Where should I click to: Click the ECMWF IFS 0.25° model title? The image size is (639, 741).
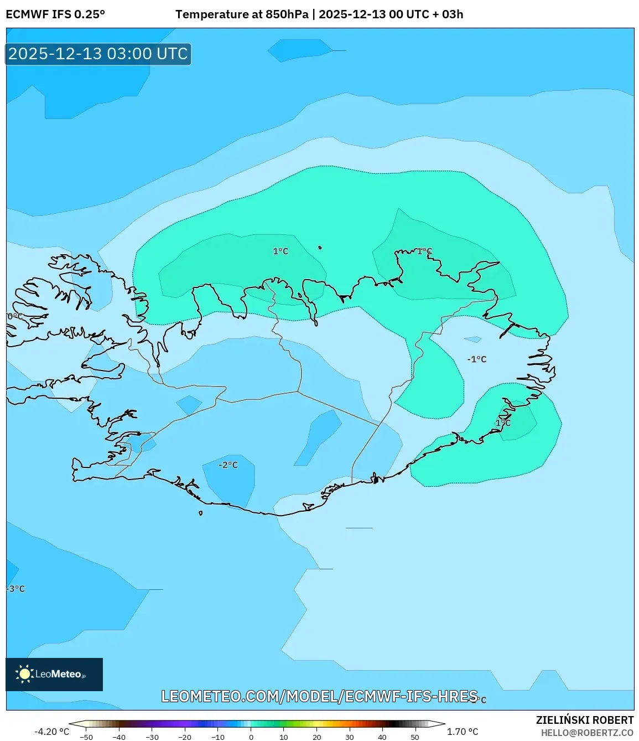tap(55, 14)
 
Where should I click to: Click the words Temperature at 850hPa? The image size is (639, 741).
tap(242, 14)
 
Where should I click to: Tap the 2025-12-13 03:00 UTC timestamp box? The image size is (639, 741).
tap(98, 54)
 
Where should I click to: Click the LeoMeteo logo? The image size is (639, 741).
tap(54, 674)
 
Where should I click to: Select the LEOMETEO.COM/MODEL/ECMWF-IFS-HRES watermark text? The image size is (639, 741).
tap(319, 696)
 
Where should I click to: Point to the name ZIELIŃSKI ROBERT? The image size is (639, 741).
tap(584, 720)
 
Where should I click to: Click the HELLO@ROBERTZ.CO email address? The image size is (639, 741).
tap(587, 733)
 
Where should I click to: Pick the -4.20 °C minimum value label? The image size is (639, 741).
tap(52, 732)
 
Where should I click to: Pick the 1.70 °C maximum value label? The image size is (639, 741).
tap(463, 732)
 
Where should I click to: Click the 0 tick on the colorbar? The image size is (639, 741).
tap(251, 737)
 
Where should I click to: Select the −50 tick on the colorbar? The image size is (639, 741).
tap(86, 737)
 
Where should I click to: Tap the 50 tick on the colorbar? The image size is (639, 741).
tap(415, 737)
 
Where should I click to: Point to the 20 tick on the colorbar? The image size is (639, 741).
tap(317, 737)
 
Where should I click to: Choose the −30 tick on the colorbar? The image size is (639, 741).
tap(152, 737)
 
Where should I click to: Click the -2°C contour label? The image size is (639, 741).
tap(228, 465)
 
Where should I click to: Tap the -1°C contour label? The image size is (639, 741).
tap(476, 359)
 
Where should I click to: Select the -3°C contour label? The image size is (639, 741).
tap(16, 589)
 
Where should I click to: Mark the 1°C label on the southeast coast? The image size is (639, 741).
tap(503, 423)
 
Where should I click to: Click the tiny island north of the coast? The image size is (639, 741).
tap(320, 248)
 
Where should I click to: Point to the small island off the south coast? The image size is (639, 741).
tap(200, 513)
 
